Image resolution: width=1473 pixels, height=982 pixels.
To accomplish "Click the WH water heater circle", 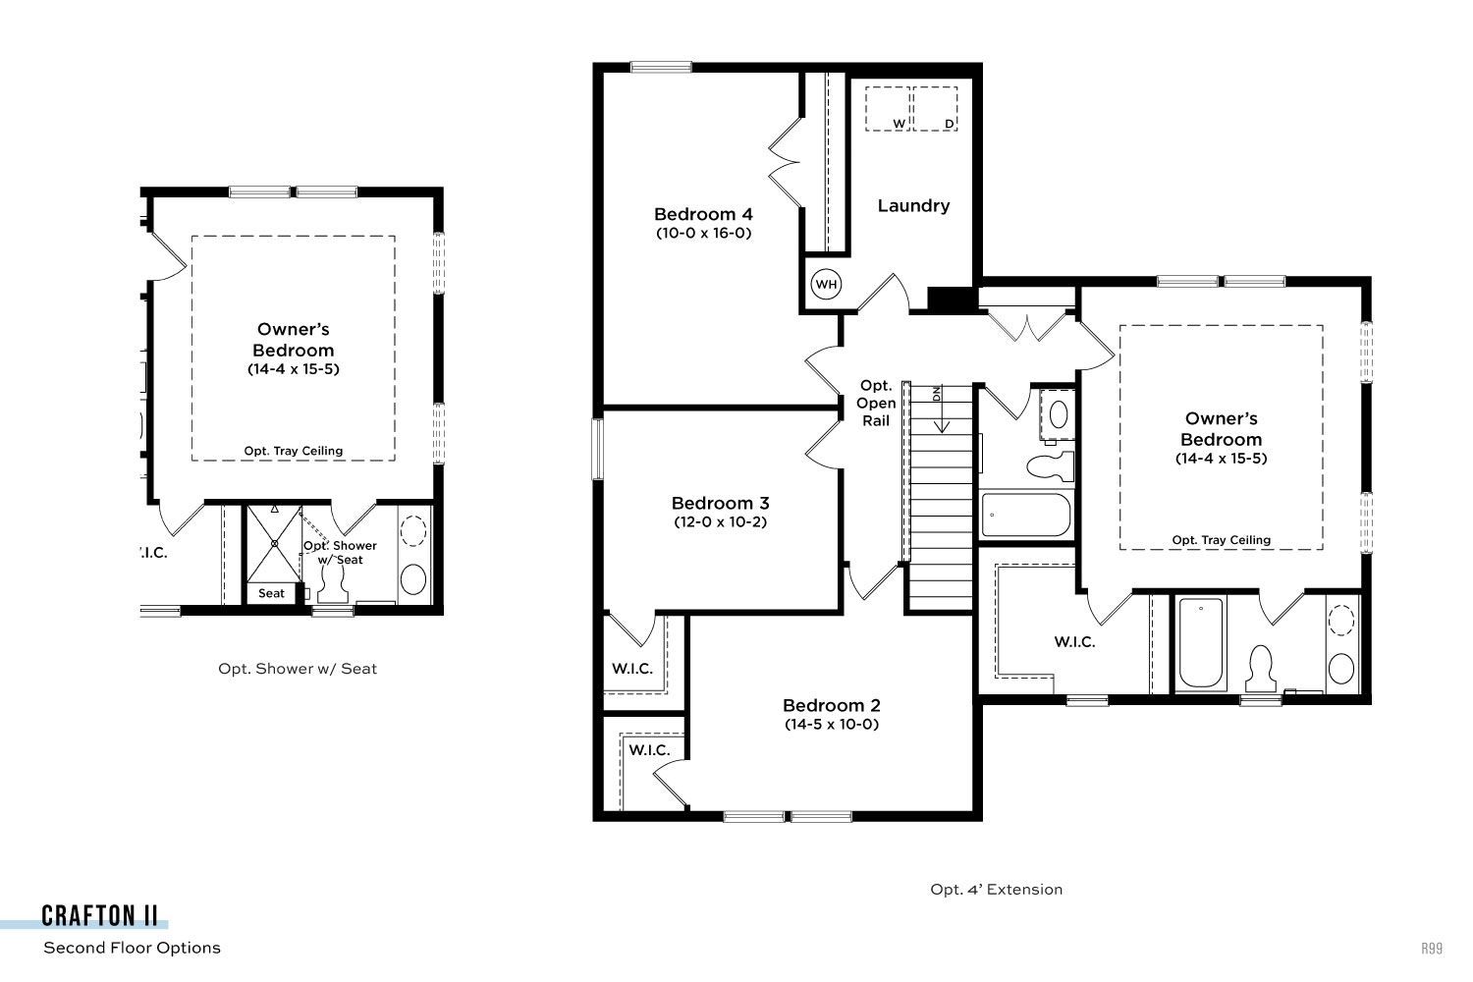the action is point(826,284).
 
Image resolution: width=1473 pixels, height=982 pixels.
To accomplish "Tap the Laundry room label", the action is point(913,206).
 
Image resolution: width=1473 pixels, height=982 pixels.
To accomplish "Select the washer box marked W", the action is point(887,109).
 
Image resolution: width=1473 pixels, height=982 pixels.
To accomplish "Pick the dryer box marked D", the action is point(935,109).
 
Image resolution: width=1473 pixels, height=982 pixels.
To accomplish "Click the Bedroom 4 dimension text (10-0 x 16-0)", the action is point(704,233).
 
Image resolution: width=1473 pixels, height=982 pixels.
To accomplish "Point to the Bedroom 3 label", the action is point(720,503).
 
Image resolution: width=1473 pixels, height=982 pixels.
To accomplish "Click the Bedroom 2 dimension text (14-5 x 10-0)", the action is point(831,724).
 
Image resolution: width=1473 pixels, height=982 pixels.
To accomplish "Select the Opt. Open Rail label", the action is point(876,404).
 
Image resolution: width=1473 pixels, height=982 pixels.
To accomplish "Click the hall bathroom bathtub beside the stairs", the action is point(1026,515).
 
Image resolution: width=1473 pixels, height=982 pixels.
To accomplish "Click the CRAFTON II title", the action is point(100,915).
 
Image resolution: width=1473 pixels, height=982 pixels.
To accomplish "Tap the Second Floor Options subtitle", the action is point(132,948).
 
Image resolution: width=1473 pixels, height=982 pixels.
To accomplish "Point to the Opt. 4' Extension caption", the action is point(997,890).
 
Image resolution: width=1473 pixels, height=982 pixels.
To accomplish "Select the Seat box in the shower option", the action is point(271,593).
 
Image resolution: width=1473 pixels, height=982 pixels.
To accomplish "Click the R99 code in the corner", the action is point(1432,948).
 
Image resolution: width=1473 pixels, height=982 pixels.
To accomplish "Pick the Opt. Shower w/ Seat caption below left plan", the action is point(298,669).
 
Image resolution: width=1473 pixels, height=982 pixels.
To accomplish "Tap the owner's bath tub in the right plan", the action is point(1201,642).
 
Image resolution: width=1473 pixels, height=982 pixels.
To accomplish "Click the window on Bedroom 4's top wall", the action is point(661,67).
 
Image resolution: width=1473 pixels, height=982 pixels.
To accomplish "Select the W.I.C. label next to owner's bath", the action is point(1074,642).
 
